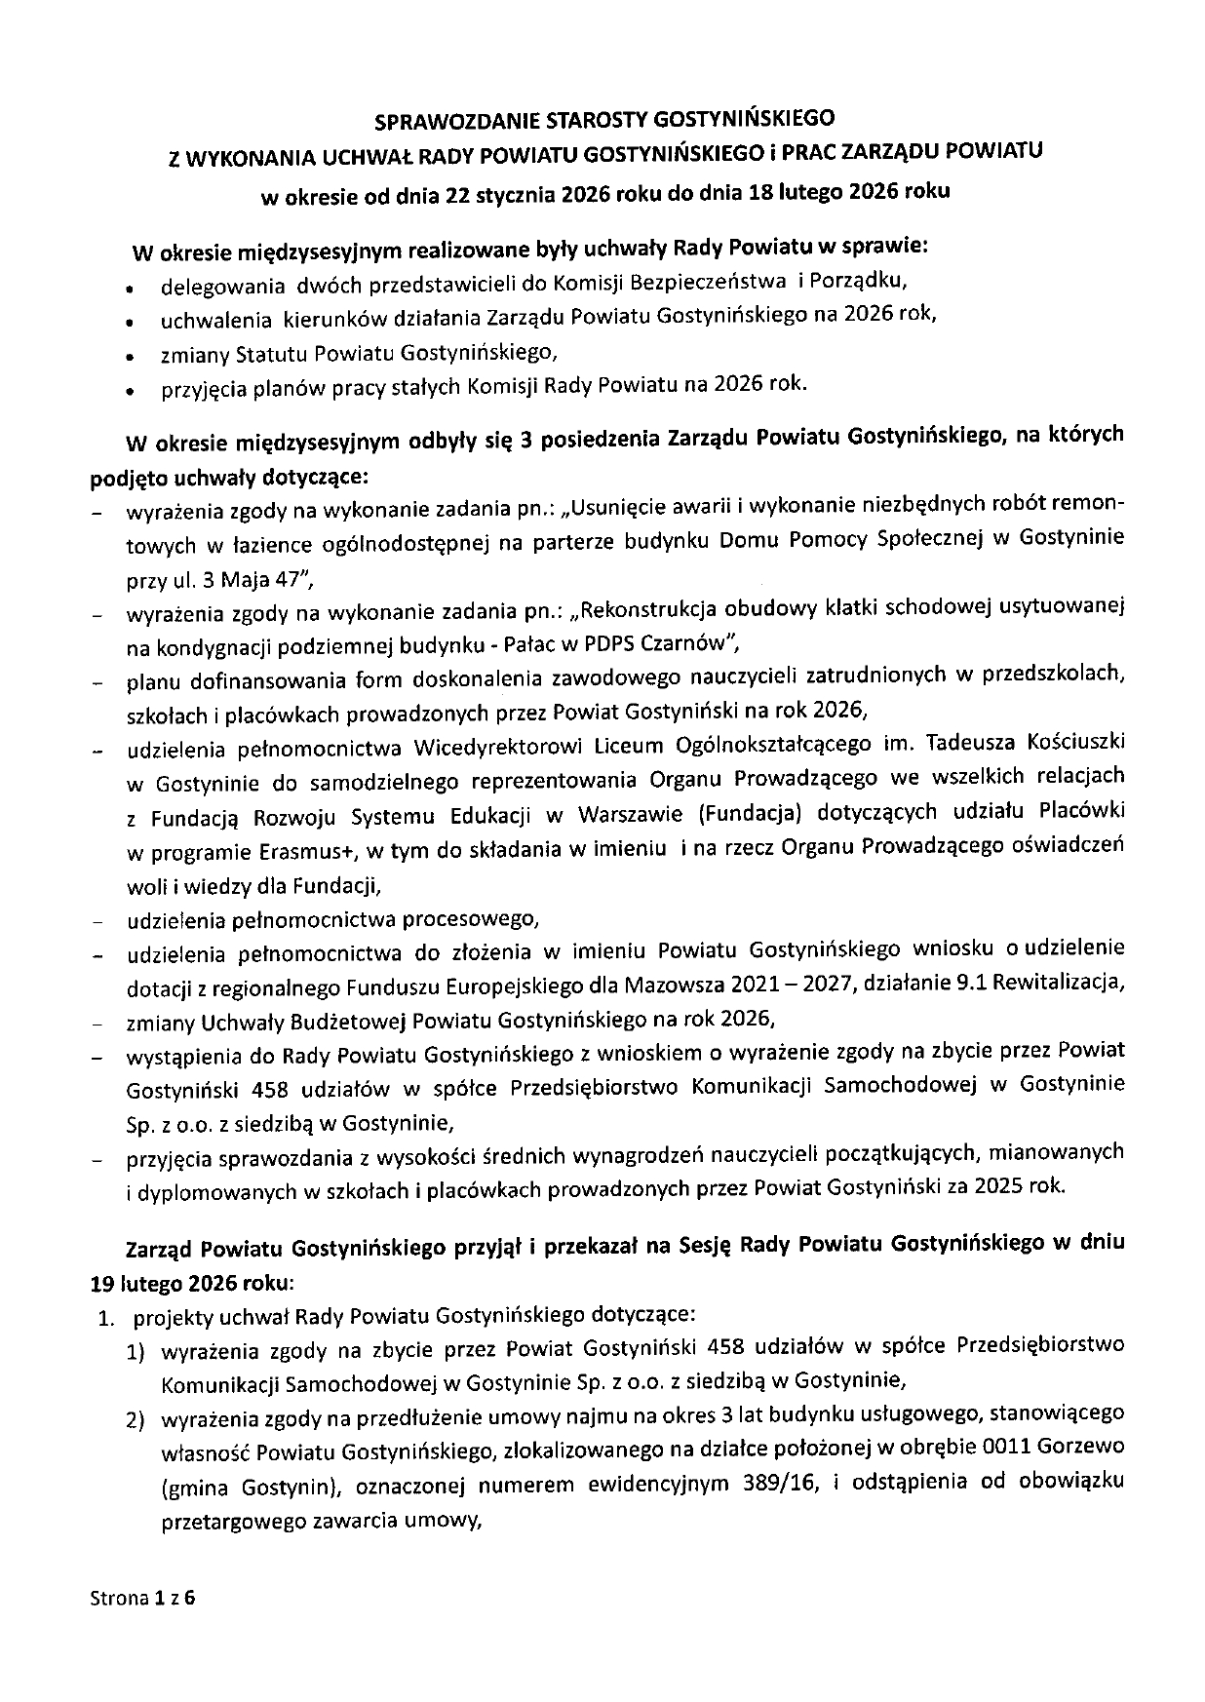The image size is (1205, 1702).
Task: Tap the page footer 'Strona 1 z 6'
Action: pyautogui.click(x=142, y=1599)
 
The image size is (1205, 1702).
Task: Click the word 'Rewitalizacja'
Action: pyautogui.click(x=1066, y=984)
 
